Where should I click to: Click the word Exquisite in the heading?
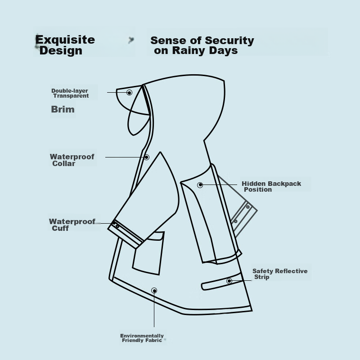tap(65, 40)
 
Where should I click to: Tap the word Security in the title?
tap(229, 40)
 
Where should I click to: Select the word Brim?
tap(63, 109)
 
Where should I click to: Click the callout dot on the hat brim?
tap(129, 93)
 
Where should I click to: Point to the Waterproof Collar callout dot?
tap(147, 157)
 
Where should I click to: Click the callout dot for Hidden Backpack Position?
tap(200, 185)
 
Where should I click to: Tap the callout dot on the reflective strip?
tap(229, 281)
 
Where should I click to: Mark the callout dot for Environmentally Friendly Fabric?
tap(154, 291)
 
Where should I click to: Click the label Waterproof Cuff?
tap(72, 225)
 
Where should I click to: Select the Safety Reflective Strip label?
tap(280, 274)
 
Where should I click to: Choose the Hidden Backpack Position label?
tap(271, 186)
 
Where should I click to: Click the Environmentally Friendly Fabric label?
tap(142, 338)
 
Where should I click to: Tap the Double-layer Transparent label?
tap(70, 93)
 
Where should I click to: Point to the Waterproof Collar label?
tap(72, 160)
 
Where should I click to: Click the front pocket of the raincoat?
tap(148, 252)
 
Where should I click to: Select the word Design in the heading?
tap(61, 50)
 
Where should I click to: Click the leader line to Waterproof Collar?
tap(125, 157)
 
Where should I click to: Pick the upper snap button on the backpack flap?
tap(248, 207)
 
